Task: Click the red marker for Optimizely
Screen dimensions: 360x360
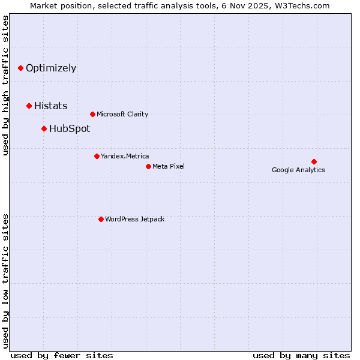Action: [20, 68]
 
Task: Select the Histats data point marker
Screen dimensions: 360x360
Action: [29, 106]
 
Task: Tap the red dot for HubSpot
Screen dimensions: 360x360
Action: [44, 129]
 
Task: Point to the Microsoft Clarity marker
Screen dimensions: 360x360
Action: [92, 115]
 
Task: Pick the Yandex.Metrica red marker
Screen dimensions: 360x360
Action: [97, 157]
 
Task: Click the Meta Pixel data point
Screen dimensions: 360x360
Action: [148, 166]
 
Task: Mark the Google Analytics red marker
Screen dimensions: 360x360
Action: [314, 161]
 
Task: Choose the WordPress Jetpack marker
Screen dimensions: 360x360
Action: [101, 220]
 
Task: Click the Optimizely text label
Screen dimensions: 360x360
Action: [51, 68]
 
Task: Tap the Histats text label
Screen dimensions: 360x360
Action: [50, 106]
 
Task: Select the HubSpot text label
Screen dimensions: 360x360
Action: [70, 129]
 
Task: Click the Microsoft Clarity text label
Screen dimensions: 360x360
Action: [122, 115]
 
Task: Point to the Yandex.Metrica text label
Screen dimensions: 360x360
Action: [125, 157]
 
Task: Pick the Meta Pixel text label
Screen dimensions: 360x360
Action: [169, 166]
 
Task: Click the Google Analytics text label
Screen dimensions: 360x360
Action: [298, 170]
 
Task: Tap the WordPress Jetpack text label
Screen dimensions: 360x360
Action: [134, 220]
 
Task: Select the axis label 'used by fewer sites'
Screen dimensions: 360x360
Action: [62, 355]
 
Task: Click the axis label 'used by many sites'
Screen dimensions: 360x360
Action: [301, 355]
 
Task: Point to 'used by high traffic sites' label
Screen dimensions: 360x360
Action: [6, 85]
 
